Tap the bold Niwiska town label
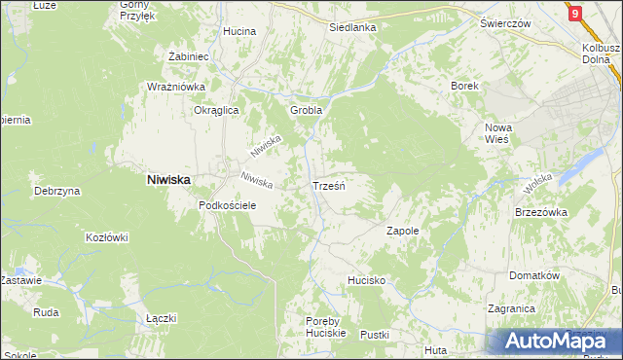click(168, 179)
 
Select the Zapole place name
click(403, 231)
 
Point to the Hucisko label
click(367, 280)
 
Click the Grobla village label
click(306, 110)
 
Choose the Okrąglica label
click(216, 110)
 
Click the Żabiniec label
click(190, 56)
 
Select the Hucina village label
click(238, 31)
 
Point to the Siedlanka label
click(352, 27)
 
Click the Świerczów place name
click(504, 22)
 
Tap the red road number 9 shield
click(576, 13)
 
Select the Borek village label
click(464, 86)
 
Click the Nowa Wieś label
click(498, 133)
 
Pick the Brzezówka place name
click(540, 211)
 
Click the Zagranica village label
click(512, 308)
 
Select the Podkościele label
click(227, 205)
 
